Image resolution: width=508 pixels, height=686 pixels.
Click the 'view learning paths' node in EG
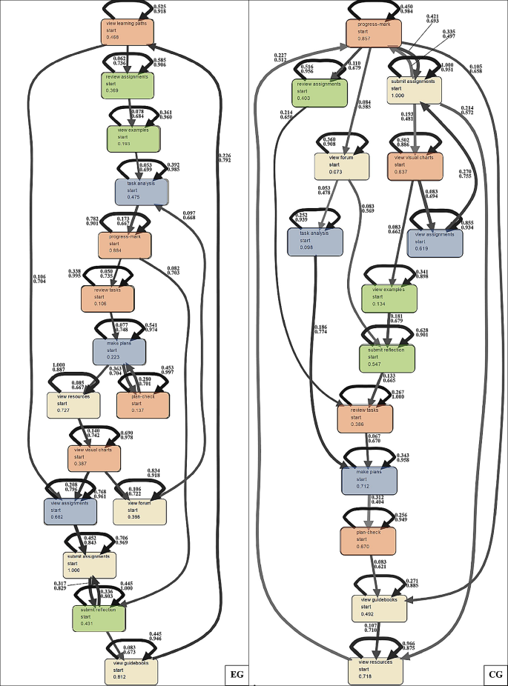[x=128, y=30]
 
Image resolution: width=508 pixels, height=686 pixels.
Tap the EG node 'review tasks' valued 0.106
[x=108, y=298]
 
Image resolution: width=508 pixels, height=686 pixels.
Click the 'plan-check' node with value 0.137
[x=143, y=404]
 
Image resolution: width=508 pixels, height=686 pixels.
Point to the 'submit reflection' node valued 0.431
[x=99, y=618]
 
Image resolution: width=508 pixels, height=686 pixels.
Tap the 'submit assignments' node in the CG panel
[x=415, y=90]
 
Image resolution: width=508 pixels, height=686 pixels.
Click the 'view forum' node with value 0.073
[x=342, y=164]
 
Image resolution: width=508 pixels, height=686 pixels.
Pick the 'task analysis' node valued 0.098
[x=314, y=241]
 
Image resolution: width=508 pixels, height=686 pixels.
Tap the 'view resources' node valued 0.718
[x=376, y=670]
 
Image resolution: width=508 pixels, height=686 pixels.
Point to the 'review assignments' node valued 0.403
[x=320, y=93]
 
